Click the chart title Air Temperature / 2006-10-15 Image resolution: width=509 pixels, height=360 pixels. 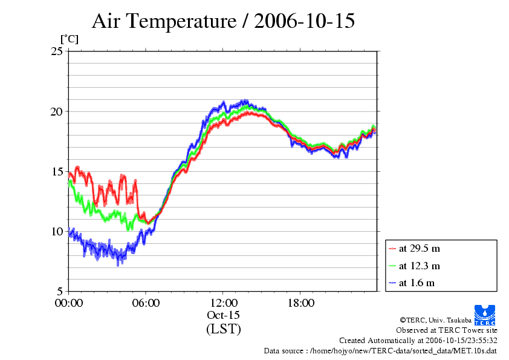click(223, 21)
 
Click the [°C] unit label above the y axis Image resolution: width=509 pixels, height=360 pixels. click(68, 39)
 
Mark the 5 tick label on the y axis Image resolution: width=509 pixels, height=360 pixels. click(59, 291)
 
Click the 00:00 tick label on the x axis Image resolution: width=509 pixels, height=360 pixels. click(69, 303)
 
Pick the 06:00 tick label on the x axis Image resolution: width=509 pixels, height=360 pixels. click(146, 303)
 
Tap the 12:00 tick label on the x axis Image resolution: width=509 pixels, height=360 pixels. click(223, 303)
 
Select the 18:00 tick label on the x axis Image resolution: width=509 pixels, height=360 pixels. click(300, 303)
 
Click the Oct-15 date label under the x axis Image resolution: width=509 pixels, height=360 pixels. click(223, 315)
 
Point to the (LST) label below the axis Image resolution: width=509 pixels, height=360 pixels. click(223, 329)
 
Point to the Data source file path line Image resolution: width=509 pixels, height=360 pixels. click(380, 350)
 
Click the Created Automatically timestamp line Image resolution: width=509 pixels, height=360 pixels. click(418, 341)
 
